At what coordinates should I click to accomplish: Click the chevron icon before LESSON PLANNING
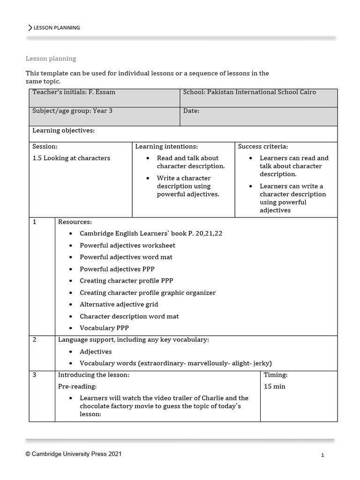pyautogui.click(x=30, y=28)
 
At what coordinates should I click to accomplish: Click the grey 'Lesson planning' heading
pyautogui.click(x=51, y=59)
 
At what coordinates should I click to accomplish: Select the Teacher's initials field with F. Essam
pyautogui.click(x=74, y=92)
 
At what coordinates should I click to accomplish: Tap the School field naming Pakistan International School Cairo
pyautogui.click(x=249, y=92)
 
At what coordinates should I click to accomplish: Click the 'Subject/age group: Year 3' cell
pyautogui.click(x=72, y=111)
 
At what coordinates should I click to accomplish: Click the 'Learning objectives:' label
pyautogui.click(x=63, y=130)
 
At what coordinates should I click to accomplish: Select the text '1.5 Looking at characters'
pyautogui.click(x=71, y=158)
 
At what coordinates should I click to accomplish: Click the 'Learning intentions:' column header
pyautogui.click(x=166, y=147)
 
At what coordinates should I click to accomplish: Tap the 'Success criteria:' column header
pyautogui.click(x=263, y=147)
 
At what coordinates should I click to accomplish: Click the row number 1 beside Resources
pyautogui.click(x=35, y=222)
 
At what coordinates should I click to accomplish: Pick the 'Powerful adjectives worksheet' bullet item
pyautogui.click(x=127, y=245)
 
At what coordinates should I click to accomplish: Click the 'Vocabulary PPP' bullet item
pyautogui.click(x=104, y=328)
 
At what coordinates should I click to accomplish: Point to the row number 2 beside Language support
pyautogui.click(x=35, y=340)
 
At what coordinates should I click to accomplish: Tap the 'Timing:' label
pyautogui.click(x=276, y=375)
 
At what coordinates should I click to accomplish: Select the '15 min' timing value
pyautogui.click(x=275, y=387)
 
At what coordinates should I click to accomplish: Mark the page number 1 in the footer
pyautogui.click(x=322, y=455)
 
